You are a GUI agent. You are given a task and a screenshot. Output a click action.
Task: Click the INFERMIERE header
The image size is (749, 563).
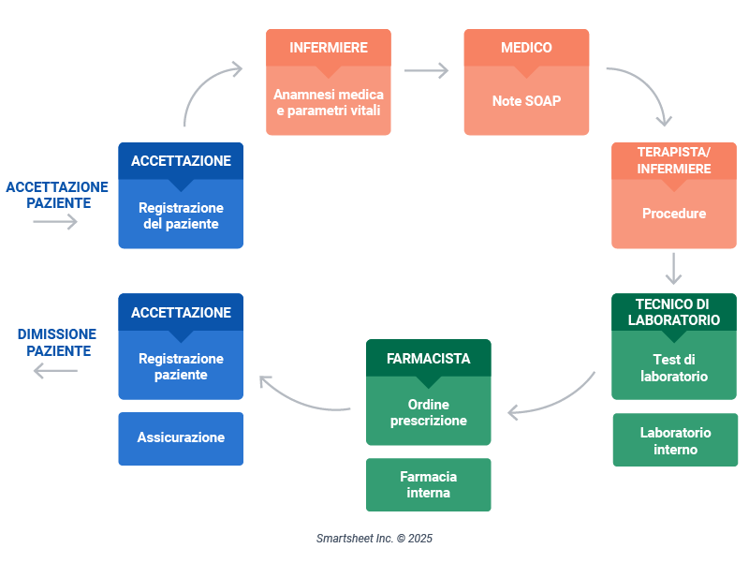click(328, 48)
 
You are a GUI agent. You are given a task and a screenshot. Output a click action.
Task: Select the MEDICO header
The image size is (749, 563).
click(526, 48)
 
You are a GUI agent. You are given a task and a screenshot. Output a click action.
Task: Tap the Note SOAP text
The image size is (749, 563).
click(526, 101)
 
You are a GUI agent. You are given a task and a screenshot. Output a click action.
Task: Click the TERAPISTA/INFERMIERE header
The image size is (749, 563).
click(673, 160)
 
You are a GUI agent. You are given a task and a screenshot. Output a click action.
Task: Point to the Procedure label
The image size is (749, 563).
click(673, 214)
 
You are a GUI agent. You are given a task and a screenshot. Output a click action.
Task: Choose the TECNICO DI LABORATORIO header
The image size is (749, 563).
click(673, 312)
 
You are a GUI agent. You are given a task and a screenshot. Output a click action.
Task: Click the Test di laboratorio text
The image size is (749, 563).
click(673, 367)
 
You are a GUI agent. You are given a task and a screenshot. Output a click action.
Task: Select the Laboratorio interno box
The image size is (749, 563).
click(675, 440)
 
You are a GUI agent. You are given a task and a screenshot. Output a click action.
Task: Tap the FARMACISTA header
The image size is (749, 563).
click(428, 358)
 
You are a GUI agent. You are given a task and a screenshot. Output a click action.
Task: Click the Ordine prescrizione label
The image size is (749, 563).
click(428, 413)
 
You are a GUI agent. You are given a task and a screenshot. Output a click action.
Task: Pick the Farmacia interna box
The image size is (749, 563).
click(428, 484)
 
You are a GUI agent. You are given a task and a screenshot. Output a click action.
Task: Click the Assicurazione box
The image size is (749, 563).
click(181, 437)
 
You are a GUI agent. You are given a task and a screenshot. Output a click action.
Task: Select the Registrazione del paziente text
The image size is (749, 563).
click(181, 215)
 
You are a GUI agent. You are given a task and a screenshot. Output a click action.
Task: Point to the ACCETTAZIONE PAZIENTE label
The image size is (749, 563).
click(57, 195)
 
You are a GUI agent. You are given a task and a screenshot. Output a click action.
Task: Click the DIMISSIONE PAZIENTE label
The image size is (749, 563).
click(57, 342)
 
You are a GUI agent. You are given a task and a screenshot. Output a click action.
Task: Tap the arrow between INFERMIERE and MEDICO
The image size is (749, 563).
click(427, 70)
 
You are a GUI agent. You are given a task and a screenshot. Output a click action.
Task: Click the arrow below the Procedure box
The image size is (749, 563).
click(673, 268)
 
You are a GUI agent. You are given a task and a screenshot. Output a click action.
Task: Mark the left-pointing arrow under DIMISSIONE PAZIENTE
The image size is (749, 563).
click(55, 371)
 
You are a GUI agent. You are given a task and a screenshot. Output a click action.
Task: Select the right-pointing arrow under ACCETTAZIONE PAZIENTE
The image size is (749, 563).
click(55, 222)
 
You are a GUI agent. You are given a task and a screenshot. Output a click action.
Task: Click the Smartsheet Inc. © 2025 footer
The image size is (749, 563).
click(374, 539)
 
